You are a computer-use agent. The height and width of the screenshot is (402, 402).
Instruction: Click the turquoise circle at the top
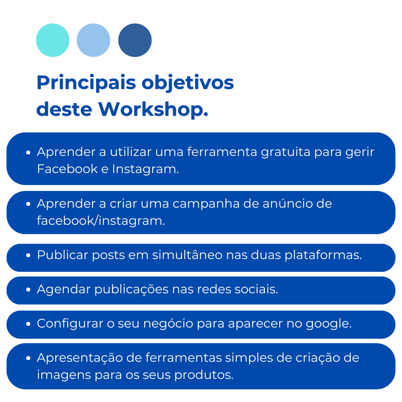click(53, 40)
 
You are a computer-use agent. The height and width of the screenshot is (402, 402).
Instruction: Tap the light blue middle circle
click(93, 40)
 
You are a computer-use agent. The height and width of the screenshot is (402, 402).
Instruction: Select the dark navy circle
click(135, 40)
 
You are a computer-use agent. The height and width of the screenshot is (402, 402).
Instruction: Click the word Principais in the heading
click(86, 83)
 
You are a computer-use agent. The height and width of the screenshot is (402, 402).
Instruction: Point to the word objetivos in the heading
click(188, 83)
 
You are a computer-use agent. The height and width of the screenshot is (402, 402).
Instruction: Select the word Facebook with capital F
click(67, 169)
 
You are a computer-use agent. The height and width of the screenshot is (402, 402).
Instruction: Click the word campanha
click(206, 204)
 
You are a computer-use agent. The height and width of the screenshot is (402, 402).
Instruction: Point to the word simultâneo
click(187, 255)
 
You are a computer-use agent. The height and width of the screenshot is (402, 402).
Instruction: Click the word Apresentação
click(80, 358)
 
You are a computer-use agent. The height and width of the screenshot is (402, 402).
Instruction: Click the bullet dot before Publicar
click(28, 255)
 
